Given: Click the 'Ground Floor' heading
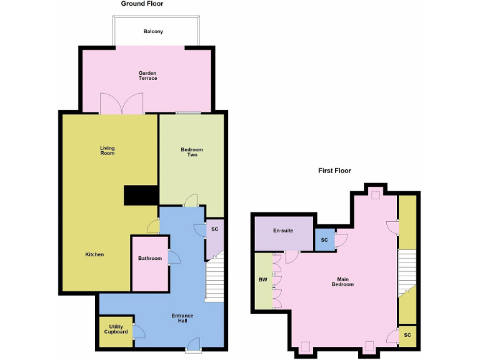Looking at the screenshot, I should [x=142, y=4].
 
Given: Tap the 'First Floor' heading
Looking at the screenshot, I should [x=335, y=170].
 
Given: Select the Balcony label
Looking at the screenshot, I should [x=153, y=31].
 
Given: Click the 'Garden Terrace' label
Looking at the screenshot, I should [x=147, y=76].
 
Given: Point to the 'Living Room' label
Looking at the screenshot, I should [x=107, y=151].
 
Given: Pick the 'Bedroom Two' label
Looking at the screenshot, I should [x=192, y=152].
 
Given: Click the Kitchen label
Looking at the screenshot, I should [x=94, y=254].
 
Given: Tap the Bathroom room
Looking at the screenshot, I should [x=150, y=259].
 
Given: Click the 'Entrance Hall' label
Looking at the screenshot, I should [x=182, y=319].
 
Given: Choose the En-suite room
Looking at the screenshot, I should [x=283, y=231].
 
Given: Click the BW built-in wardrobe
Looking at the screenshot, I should [x=262, y=280].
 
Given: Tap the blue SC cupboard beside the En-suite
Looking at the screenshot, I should [x=324, y=240].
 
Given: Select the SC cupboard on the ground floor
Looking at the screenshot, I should [x=214, y=229].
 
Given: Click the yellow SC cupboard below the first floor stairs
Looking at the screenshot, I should [x=407, y=335].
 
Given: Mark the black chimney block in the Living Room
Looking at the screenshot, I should [x=140, y=196].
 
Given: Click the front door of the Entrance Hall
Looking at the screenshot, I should [x=193, y=343].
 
